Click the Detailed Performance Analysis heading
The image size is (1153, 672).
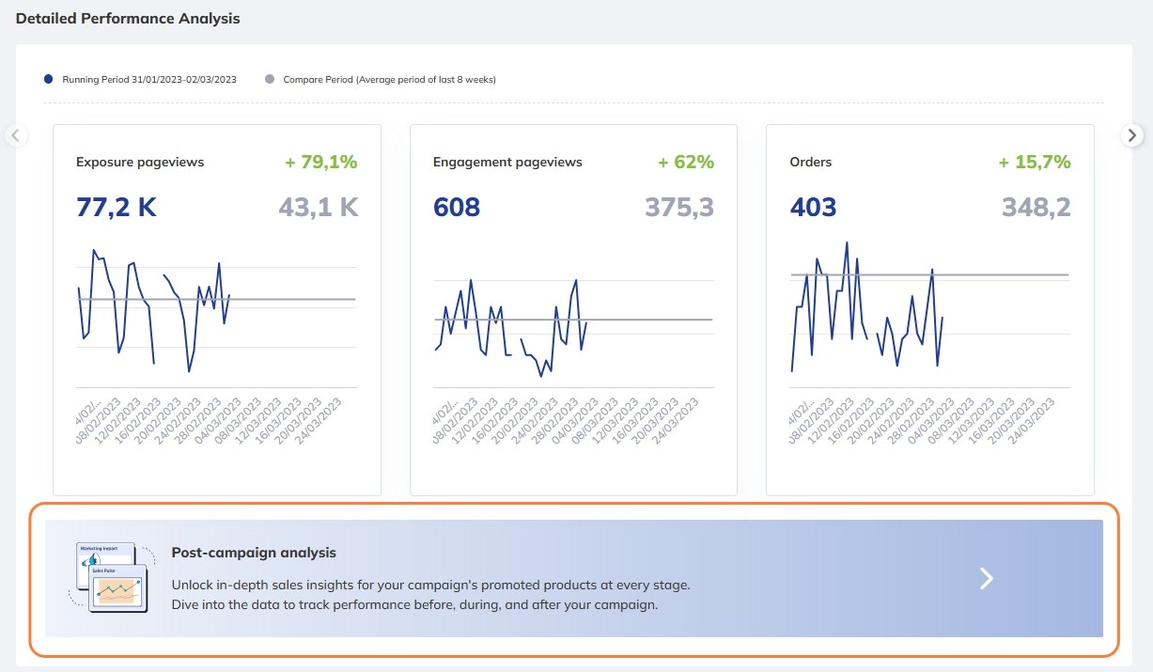128,19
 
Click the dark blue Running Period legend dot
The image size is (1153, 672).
49,80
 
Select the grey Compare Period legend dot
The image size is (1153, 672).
270,80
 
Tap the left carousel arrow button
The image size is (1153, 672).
15,135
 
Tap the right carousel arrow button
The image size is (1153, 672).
1132,135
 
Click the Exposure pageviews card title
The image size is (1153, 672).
140,163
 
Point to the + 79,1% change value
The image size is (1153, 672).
321,163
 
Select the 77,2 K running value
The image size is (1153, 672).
117,208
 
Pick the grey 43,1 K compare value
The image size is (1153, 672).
319,208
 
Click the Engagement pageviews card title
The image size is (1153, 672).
507,163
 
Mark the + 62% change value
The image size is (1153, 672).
686,163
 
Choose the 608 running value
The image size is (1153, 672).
457,208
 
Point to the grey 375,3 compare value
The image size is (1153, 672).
679,208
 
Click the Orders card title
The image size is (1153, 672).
811,163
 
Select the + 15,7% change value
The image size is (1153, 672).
1035,163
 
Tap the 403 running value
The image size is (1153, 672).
813,208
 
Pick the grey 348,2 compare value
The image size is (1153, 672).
1036,208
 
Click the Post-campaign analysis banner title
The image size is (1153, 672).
254,553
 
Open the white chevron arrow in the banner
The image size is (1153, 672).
986,579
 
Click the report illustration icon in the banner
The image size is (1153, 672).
111,577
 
